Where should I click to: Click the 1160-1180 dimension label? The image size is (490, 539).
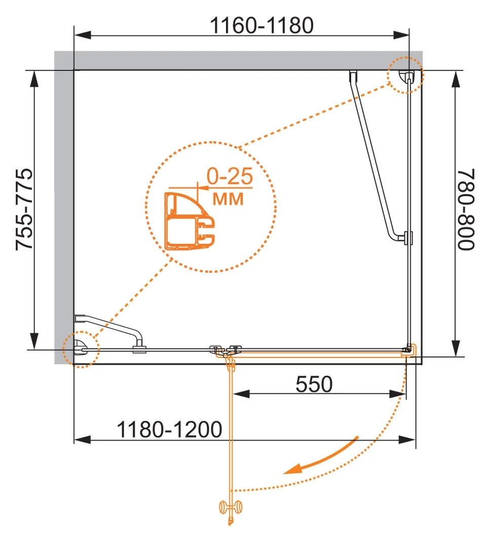[x=262, y=25]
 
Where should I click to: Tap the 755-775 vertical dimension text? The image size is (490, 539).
[x=24, y=209]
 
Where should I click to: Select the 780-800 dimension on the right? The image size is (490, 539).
[x=466, y=209]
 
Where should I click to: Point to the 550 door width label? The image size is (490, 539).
[x=314, y=384]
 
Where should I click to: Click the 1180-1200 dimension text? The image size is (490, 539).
[x=169, y=429]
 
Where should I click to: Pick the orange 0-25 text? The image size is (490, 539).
[x=230, y=176]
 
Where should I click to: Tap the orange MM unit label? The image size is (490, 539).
[x=228, y=199]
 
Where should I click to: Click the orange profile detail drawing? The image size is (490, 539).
[x=190, y=221]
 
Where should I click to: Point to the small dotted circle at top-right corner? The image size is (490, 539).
[x=405, y=75]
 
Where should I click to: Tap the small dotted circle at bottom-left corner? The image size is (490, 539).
[x=81, y=349]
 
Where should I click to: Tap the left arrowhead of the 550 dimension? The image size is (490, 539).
[x=241, y=394]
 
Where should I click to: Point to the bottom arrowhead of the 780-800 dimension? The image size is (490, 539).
[x=456, y=348]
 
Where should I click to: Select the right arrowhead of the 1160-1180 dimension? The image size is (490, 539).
[x=401, y=34]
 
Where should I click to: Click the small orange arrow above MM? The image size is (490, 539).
[x=204, y=188]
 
